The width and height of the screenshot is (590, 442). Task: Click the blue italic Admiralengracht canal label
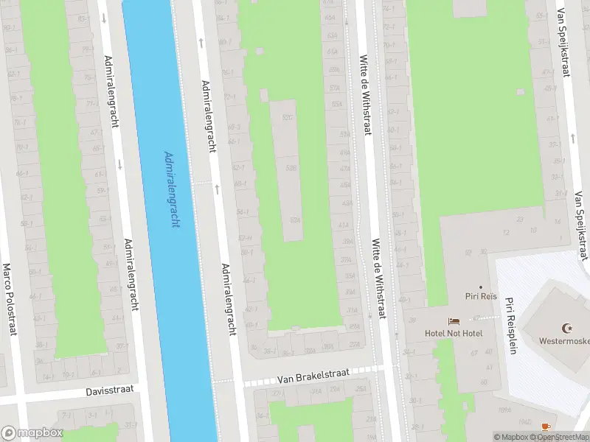click(x=170, y=190)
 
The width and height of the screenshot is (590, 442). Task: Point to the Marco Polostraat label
click(x=9, y=299)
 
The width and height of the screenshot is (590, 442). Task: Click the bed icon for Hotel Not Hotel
click(x=454, y=322)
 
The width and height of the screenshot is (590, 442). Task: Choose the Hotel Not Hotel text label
click(x=454, y=333)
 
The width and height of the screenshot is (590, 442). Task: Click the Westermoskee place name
click(x=565, y=341)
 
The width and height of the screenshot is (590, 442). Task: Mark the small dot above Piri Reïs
click(x=480, y=287)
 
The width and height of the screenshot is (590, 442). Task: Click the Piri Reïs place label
click(x=479, y=297)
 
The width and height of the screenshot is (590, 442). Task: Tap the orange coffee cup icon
click(x=545, y=427)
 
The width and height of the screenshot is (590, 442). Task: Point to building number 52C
click(x=288, y=117)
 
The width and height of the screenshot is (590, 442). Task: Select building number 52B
click(x=291, y=168)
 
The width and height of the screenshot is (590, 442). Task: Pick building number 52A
click(x=295, y=219)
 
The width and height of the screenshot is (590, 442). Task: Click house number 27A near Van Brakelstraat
click(x=355, y=344)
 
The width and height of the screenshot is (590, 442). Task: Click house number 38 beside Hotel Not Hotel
click(x=412, y=320)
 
